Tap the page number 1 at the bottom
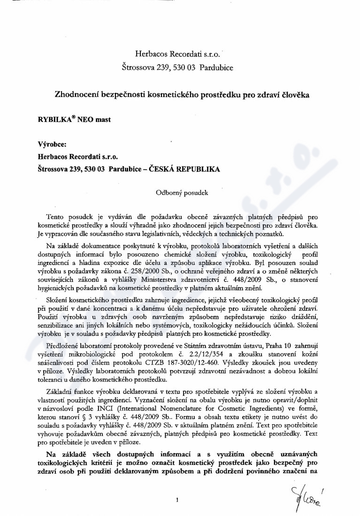pos(177,501)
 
